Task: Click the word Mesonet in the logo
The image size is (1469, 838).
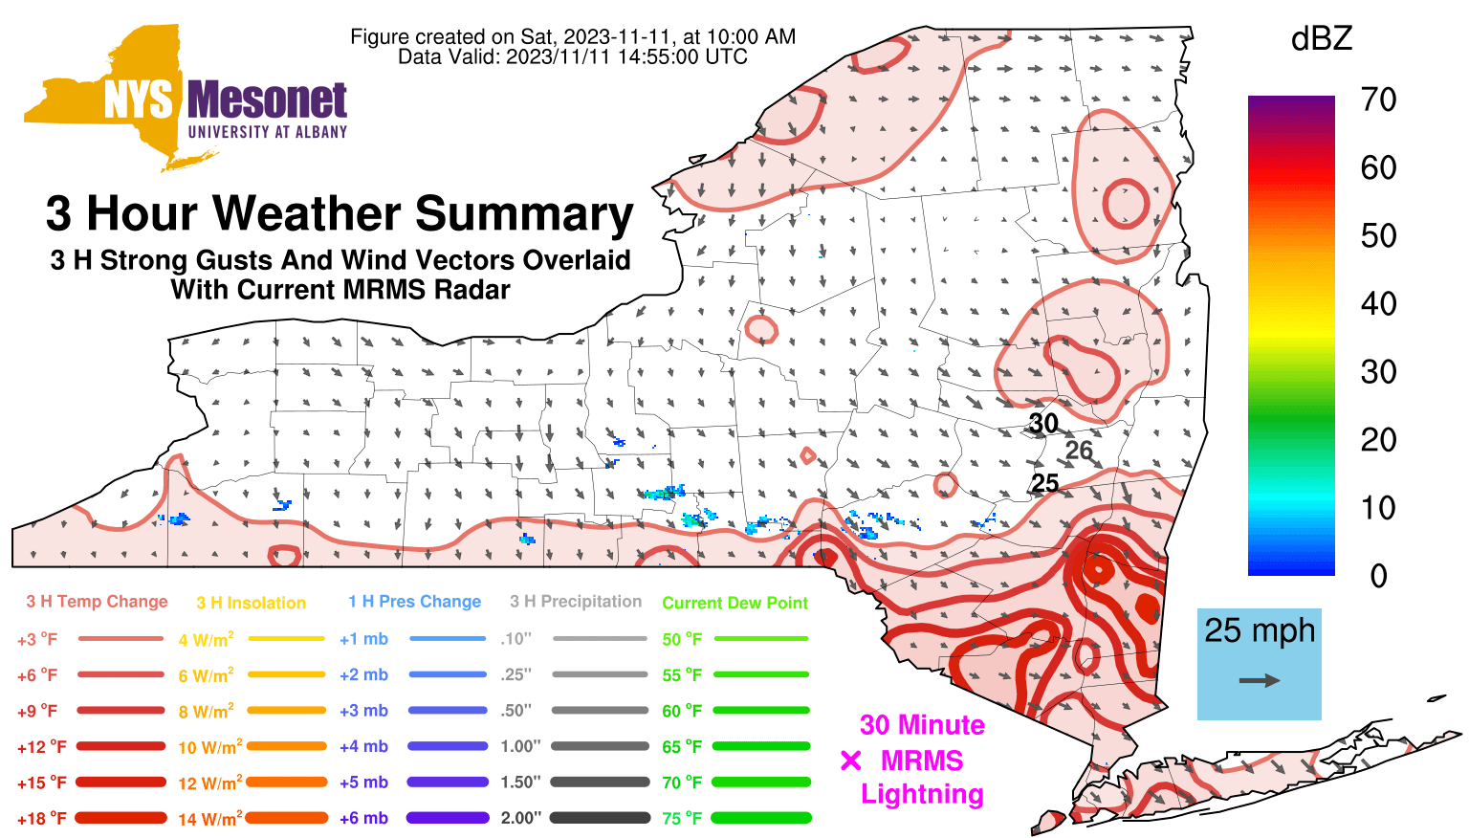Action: (267, 100)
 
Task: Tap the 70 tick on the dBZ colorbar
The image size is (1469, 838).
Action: (1378, 100)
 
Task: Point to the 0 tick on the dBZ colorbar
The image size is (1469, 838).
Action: (1378, 577)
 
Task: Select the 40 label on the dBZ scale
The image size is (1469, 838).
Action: (1378, 304)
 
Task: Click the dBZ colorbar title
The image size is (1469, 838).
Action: (1322, 38)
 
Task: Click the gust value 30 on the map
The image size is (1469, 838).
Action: (1042, 424)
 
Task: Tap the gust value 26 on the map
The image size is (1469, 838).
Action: (1079, 451)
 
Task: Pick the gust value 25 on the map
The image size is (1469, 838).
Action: (1045, 483)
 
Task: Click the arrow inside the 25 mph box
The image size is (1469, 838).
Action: (1260, 680)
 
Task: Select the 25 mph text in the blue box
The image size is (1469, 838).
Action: (1260, 630)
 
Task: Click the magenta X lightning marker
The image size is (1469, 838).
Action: (850, 761)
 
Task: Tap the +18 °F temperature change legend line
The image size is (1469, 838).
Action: (121, 818)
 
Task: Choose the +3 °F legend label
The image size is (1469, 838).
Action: (37, 639)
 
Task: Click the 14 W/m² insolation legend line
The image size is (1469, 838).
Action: (287, 818)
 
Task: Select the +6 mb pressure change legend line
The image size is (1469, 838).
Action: (448, 818)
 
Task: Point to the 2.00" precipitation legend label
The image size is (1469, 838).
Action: (521, 818)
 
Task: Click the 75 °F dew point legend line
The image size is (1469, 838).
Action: (761, 818)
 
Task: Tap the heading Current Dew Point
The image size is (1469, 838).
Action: (735, 603)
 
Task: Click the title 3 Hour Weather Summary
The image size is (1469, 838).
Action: (340, 213)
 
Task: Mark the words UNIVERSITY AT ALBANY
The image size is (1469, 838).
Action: (268, 132)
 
